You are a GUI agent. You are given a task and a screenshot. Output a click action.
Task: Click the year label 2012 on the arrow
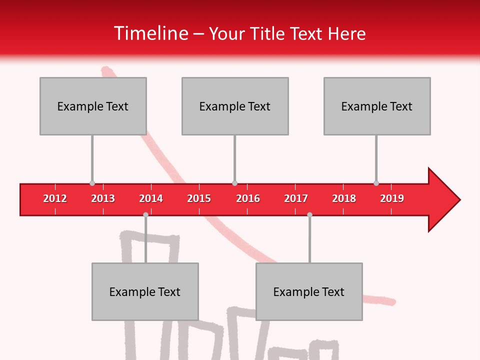click(x=55, y=198)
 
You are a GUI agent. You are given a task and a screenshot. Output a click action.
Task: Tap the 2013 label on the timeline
click(x=103, y=198)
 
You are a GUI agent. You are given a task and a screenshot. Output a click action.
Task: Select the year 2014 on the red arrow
click(x=151, y=198)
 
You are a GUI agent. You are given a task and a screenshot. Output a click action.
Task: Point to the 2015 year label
click(x=199, y=198)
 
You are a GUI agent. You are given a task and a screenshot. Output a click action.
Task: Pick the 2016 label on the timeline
click(x=248, y=198)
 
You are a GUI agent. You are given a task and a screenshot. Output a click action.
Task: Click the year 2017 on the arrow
click(x=296, y=198)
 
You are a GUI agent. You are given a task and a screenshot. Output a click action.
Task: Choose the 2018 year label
click(x=344, y=198)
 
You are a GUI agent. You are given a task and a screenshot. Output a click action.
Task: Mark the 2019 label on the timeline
click(x=392, y=198)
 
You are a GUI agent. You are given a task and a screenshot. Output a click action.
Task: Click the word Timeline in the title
click(x=150, y=33)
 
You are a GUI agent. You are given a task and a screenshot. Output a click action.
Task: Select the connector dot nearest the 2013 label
click(x=92, y=183)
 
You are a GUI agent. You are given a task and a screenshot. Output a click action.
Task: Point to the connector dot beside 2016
click(x=234, y=183)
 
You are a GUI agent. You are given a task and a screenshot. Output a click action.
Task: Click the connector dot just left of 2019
click(x=376, y=183)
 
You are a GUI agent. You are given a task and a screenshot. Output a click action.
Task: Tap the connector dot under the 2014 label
click(x=145, y=214)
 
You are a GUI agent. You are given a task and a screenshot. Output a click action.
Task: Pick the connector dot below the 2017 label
click(x=309, y=214)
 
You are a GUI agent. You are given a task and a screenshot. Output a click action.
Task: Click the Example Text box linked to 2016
click(x=235, y=106)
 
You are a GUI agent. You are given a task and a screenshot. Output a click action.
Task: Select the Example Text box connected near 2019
click(x=377, y=106)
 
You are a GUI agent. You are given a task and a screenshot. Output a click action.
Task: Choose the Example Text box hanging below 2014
click(x=145, y=291)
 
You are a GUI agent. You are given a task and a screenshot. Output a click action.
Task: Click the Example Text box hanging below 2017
click(x=309, y=291)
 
